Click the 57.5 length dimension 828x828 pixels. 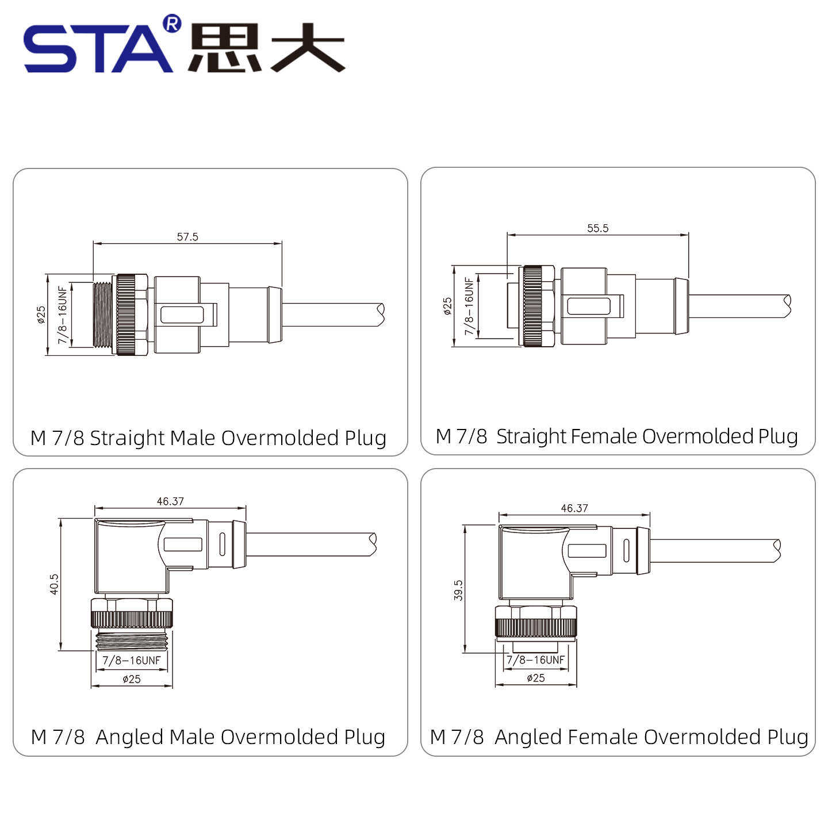click(x=187, y=237)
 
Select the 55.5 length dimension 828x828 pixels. click(x=597, y=228)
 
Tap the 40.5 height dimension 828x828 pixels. click(x=54, y=584)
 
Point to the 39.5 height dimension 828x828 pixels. click(x=458, y=591)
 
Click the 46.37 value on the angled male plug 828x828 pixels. click(x=170, y=501)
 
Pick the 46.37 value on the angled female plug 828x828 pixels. click(x=574, y=508)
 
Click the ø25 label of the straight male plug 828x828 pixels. click(x=41, y=315)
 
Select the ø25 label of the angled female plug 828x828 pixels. click(x=536, y=678)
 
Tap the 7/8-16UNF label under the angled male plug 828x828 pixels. click(x=132, y=661)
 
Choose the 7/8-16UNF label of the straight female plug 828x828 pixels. click(x=469, y=306)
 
